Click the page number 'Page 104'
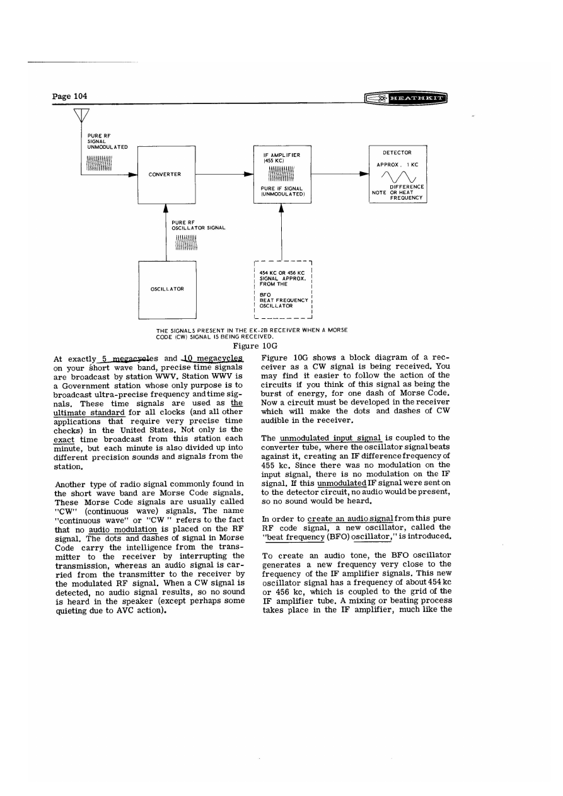point(69,96)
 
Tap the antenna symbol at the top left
point(81,115)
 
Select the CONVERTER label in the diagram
point(166,175)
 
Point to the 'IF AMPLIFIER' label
point(281,154)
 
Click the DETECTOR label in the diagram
point(398,153)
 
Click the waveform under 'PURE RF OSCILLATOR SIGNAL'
point(187,243)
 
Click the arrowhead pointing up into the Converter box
point(166,208)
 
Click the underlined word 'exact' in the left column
point(64,438)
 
